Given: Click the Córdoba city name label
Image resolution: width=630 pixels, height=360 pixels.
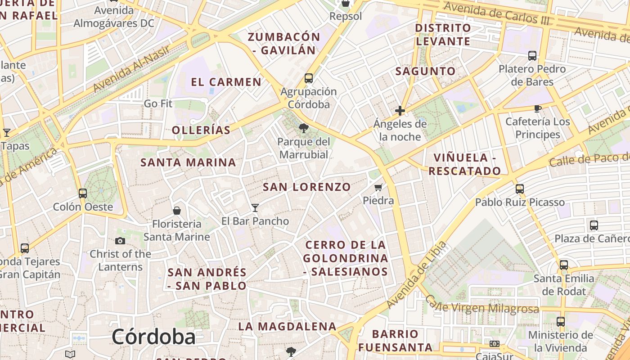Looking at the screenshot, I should click(153, 337).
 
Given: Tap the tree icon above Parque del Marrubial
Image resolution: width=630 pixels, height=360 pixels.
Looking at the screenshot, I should click(304, 128).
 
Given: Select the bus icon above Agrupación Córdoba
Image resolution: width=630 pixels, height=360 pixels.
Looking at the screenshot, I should click(309, 78).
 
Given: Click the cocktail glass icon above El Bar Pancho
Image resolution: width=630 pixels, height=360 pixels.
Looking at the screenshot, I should click(255, 207).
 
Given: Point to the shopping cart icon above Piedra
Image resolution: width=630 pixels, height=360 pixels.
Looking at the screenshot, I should click(378, 187).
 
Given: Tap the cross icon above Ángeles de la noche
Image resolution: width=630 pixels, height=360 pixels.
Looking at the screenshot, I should click(400, 110).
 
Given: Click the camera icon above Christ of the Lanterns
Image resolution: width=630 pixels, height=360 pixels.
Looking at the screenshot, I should click(120, 241).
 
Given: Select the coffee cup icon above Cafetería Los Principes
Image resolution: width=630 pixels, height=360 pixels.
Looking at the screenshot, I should click(537, 108).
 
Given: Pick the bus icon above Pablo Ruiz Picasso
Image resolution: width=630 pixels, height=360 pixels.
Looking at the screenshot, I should click(520, 189).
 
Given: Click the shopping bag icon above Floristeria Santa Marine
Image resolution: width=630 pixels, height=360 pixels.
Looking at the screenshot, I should click(177, 211).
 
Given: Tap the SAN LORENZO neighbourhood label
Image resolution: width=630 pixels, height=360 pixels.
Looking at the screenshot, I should click(306, 187).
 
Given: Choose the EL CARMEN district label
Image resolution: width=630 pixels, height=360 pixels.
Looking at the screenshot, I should click(226, 82).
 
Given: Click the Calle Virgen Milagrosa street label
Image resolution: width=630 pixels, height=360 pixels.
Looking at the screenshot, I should click(481, 306).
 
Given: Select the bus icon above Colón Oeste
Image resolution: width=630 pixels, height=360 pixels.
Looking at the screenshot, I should click(83, 193).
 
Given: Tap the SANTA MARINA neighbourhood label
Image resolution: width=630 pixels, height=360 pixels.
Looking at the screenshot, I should click(188, 162).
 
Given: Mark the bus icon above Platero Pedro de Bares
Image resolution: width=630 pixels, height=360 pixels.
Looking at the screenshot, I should click(532, 56).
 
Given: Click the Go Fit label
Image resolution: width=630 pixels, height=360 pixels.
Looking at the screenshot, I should click(158, 103).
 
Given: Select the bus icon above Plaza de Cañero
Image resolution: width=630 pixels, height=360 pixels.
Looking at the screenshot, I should click(594, 225).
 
